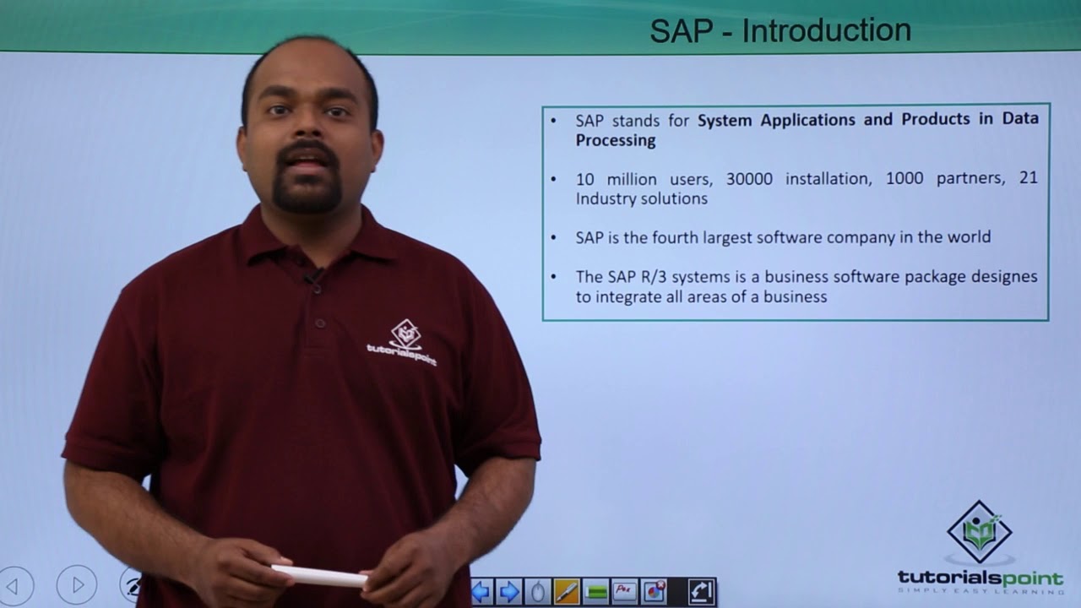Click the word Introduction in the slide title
coord(826,31)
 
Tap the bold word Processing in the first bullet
coord(616,140)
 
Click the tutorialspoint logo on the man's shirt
coord(403,342)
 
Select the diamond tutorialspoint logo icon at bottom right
coord(980,531)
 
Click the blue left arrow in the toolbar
coord(482,591)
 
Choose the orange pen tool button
coord(567,591)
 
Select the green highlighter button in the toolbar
coord(596,591)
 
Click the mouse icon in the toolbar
coord(538,591)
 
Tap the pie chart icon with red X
coord(655,591)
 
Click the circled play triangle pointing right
coord(77,584)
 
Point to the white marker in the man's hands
coord(318,576)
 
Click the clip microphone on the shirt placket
coord(315,276)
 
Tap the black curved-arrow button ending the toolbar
coord(702,591)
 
